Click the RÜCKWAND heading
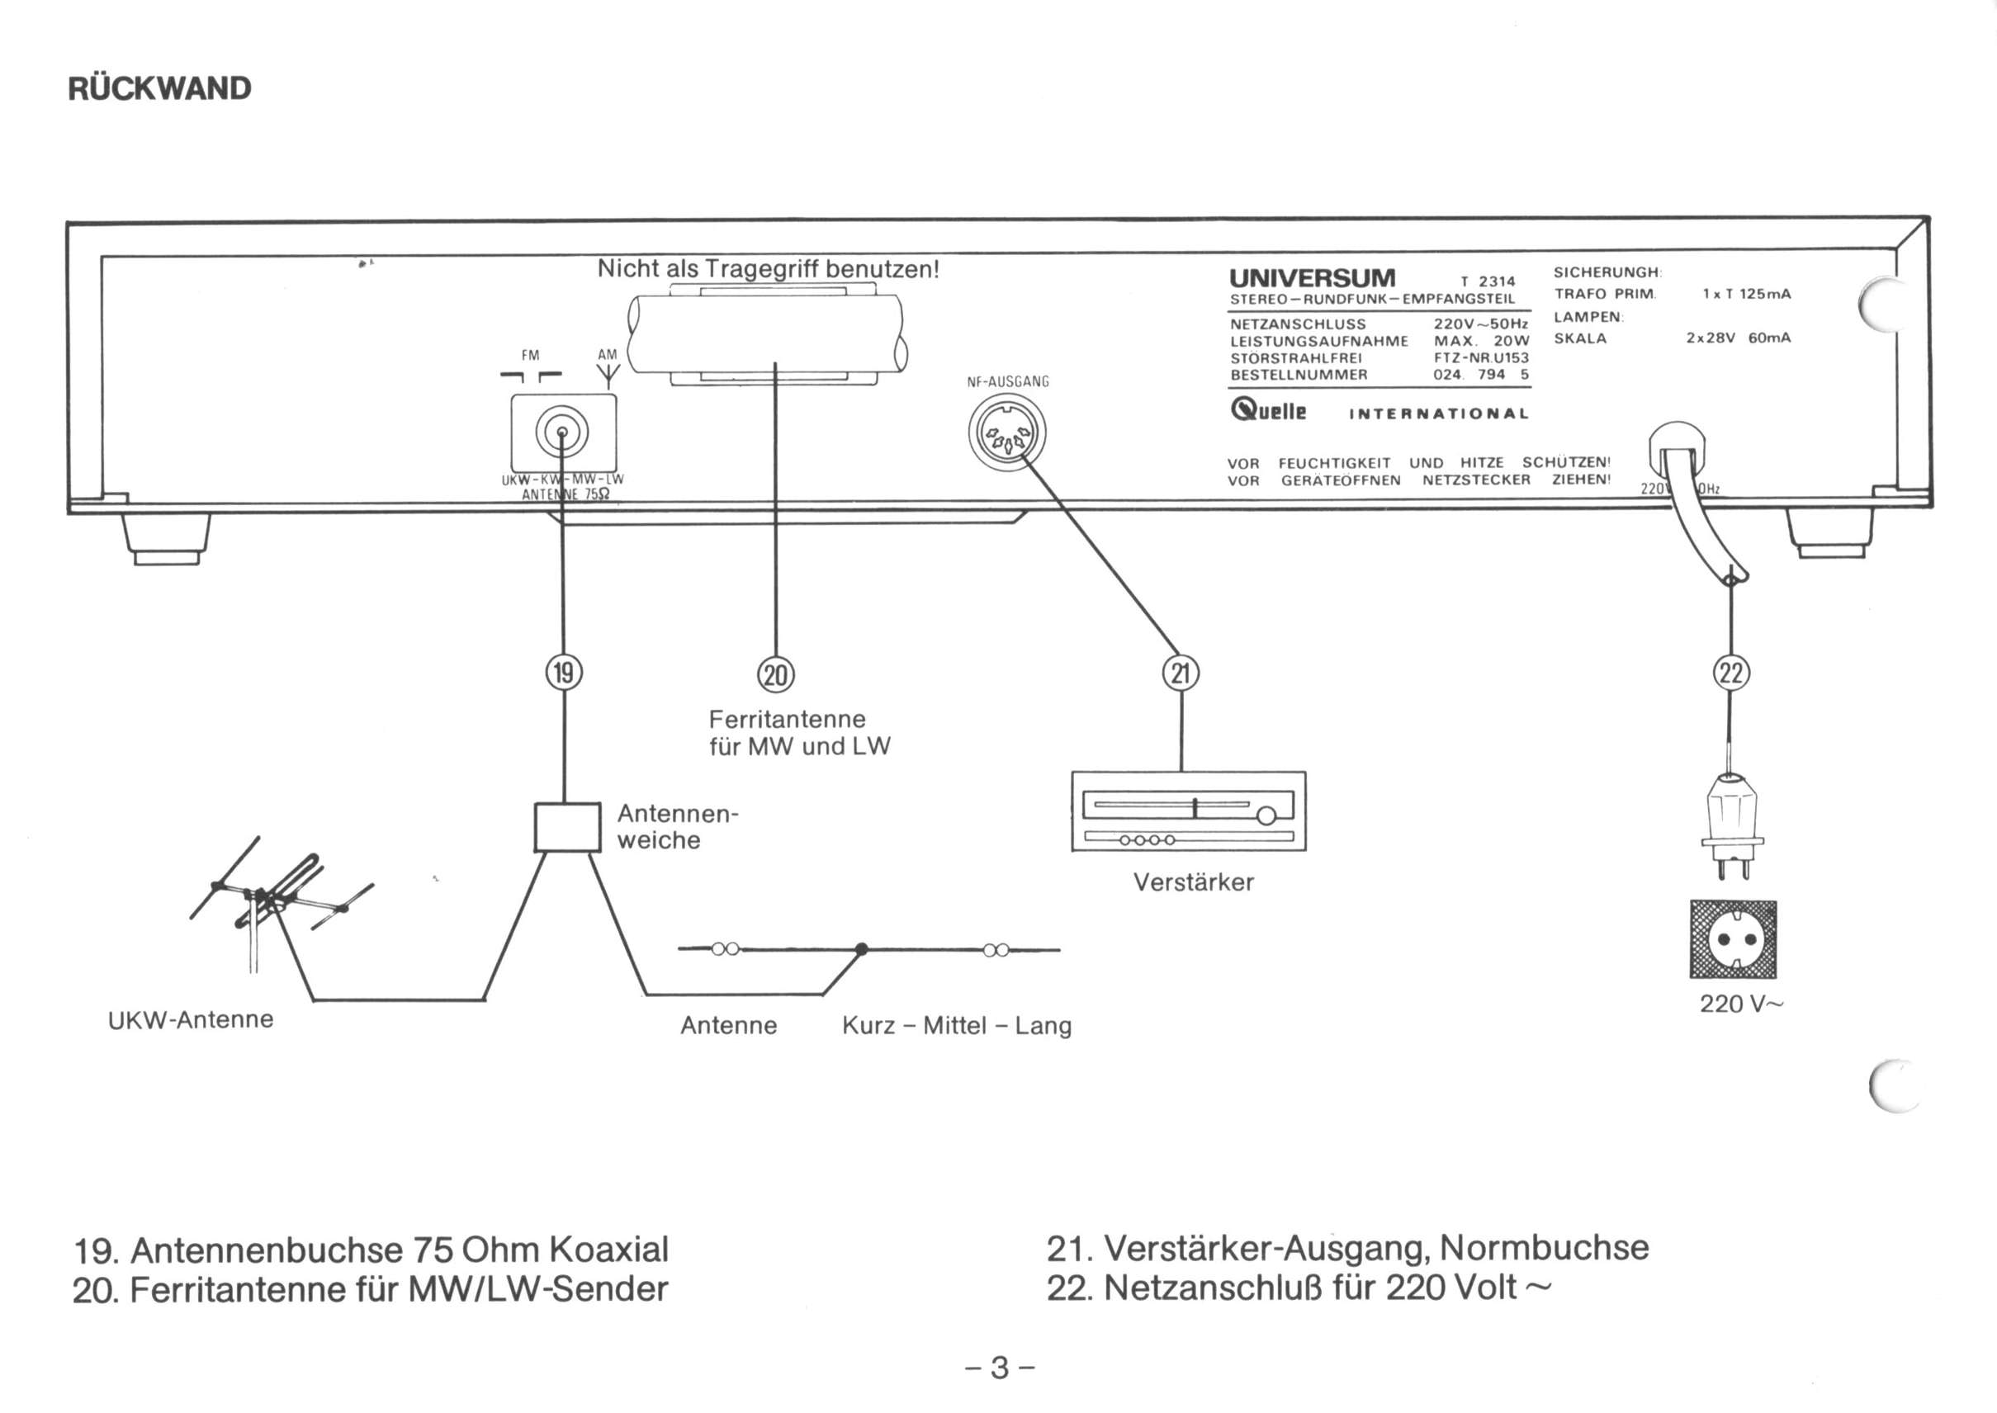pyautogui.click(x=159, y=87)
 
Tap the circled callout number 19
pyautogui.click(x=564, y=673)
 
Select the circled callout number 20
pyautogui.click(x=775, y=674)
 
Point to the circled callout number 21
pyautogui.click(x=1181, y=673)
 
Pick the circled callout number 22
pyautogui.click(x=1730, y=673)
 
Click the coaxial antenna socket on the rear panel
pyautogui.click(x=562, y=432)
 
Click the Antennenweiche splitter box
pyautogui.click(x=567, y=826)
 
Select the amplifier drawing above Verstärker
pyautogui.click(x=1189, y=811)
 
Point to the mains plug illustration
pyautogui.click(x=1732, y=825)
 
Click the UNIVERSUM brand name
pyautogui.click(x=1312, y=278)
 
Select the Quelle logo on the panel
pyautogui.click(x=1268, y=410)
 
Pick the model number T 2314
pyautogui.click(x=1488, y=281)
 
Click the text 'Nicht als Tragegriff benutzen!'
pyautogui.click(x=769, y=269)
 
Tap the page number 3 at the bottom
pyautogui.click(x=1000, y=1368)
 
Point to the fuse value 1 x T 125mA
pyautogui.click(x=1747, y=294)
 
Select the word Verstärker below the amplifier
pyautogui.click(x=1193, y=882)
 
